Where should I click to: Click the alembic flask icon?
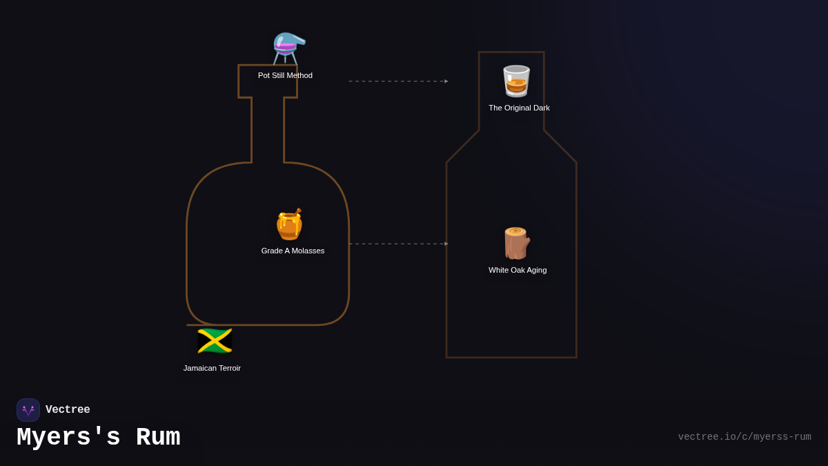[x=288, y=48]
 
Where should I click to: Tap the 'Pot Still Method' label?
[x=285, y=75]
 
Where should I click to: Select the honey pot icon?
[x=289, y=224]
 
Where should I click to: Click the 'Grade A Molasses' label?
[x=293, y=251]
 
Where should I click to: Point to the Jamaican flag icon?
[x=215, y=341]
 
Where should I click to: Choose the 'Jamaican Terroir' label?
[x=212, y=368]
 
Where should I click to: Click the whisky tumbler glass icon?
[x=516, y=81]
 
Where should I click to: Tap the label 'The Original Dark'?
[x=519, y=108]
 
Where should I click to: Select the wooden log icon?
[x=516, y=243]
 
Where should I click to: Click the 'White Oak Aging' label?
[x=517, y=270]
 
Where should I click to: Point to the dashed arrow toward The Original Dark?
[x=398, y=81]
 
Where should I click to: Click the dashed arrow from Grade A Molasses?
[x=398, y=244]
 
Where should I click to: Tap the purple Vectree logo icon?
[x=28, y=410]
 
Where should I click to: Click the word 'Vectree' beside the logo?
[x=68, y=410]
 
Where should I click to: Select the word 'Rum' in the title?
[x=157, y=438]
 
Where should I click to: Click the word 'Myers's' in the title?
[x=68, y=438]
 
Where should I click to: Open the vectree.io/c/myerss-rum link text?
[x=744, y=437]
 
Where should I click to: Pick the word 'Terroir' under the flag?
[x=227, y=368]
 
